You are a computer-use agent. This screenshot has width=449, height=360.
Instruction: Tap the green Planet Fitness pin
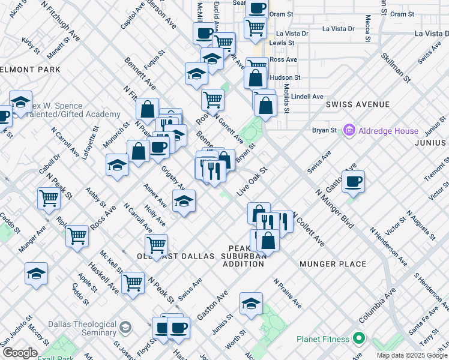coord(359,339)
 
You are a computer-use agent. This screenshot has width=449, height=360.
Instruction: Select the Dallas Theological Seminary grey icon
coord(125,328)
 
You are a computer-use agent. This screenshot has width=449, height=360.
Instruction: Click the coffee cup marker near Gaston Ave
coord(353,181)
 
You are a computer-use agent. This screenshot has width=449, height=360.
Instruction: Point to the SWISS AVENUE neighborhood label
coord(358,104)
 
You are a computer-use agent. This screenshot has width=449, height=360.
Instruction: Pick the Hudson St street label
coord(285,77)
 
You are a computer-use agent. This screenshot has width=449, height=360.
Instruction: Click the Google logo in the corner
coord(20,353)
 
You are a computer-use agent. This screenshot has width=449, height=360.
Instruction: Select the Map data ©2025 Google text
coord(412,355)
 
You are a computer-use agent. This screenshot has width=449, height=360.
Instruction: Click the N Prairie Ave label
coord(288,293)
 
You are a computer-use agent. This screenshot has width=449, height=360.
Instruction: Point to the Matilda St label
coord(286,98)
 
